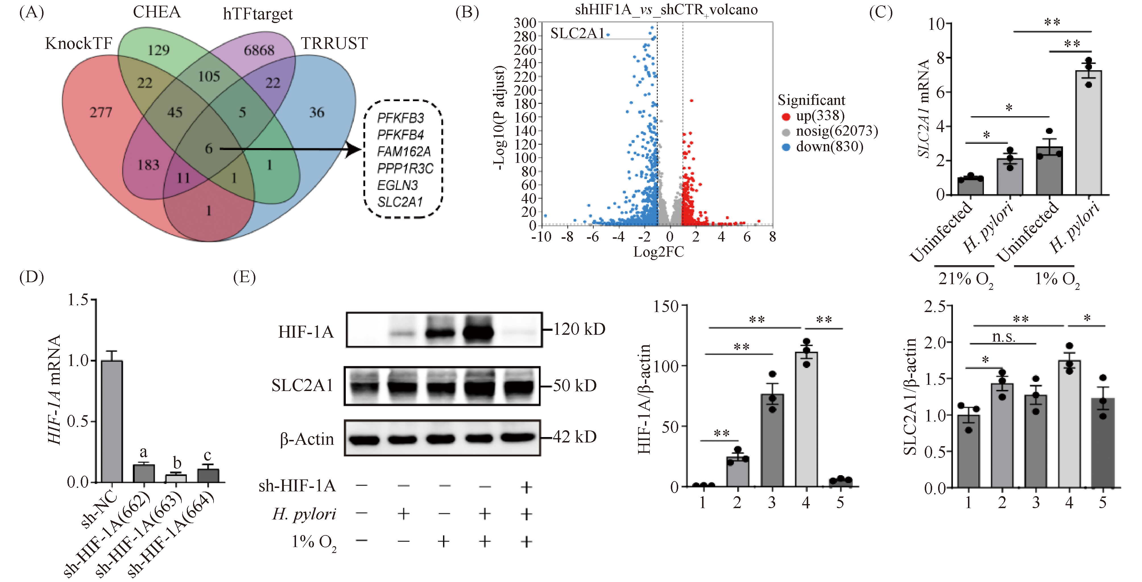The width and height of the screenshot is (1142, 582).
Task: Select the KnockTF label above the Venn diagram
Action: (78, 44)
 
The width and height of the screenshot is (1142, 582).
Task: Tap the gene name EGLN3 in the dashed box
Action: (397, 185)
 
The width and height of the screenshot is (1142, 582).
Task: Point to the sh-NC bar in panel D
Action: (112, 421)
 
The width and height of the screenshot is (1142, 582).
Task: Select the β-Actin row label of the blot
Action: (306, 439)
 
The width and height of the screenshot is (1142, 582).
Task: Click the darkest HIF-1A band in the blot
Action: (478, 332)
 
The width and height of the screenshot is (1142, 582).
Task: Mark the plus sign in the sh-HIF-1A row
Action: (526, 487)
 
